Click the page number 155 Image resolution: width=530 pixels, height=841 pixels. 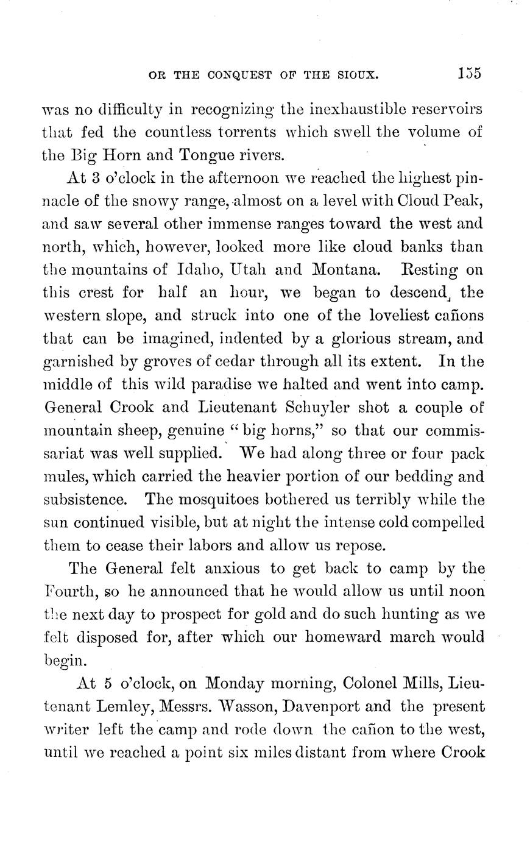(x=469, y=74)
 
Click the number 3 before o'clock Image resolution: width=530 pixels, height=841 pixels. (x=87, y=178)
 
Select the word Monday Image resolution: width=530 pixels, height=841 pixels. (x=239, y=684)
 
